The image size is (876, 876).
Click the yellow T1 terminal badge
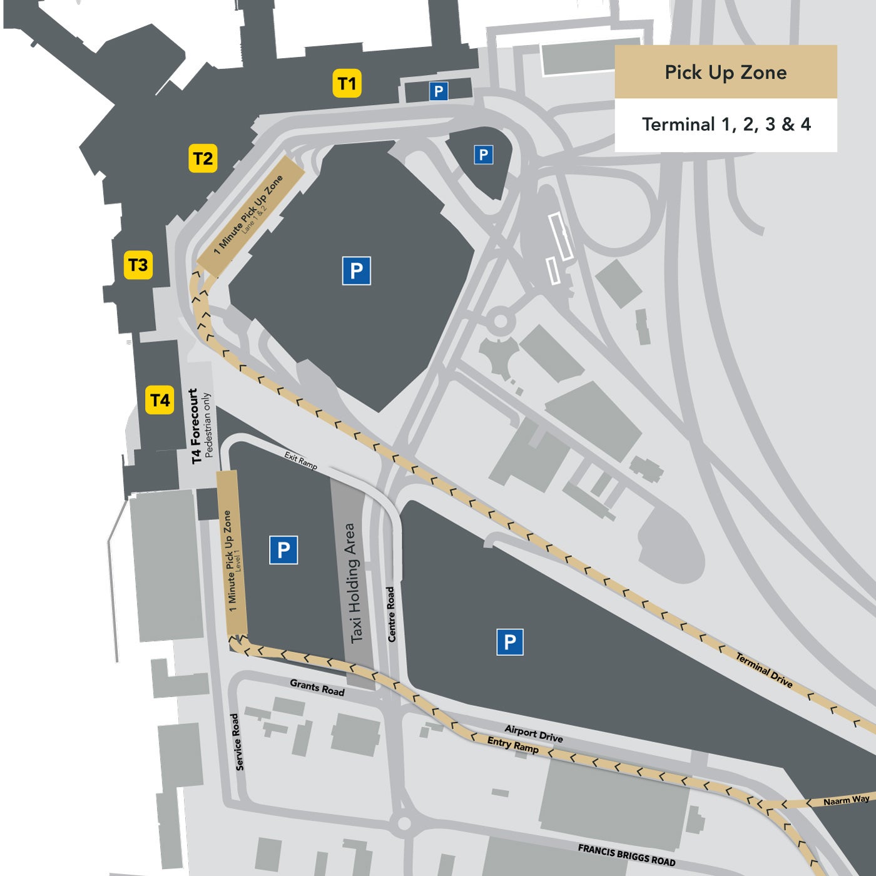347,84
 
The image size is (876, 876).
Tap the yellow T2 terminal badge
203,158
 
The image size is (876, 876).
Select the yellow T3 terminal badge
138,265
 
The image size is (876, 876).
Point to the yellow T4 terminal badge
160,400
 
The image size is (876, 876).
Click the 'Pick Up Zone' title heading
726,72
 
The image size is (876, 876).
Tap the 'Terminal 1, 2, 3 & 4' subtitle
726,125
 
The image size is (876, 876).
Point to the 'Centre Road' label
391,614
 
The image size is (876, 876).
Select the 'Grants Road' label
317,688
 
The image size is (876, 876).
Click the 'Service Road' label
237,741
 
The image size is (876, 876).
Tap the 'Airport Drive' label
534,733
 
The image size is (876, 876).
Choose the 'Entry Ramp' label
512,745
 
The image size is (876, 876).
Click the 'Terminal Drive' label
764,670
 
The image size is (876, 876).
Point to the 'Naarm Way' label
846,800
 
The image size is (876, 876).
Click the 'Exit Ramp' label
301,461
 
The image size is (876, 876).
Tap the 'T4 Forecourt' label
195,425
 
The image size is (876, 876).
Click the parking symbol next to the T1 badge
439,91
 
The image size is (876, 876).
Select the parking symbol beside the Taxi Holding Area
283,550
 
